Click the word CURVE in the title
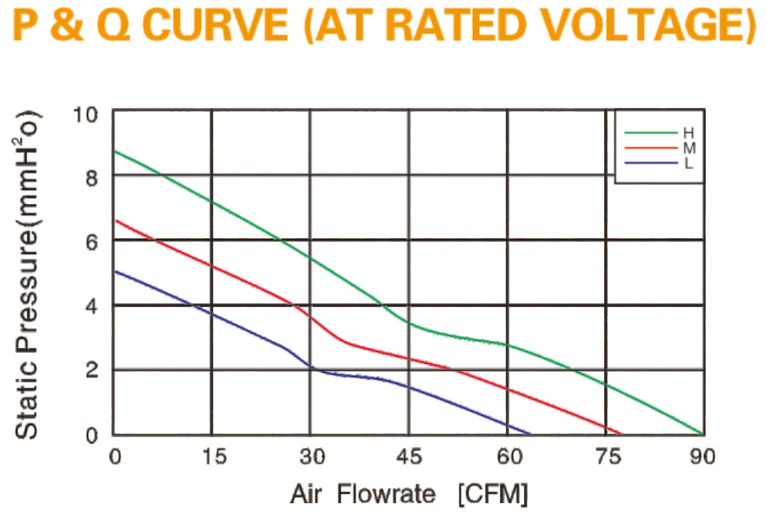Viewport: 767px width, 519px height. click(x=217, y=25)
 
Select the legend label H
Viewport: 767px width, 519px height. click(x=689, y=133)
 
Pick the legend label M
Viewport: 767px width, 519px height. click(x=689, y=148)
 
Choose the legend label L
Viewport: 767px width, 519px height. click(x=689, y=163)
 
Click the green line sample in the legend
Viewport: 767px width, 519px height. click(x=651, y=132)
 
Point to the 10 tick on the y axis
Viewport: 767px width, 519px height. click(x=85, y=116)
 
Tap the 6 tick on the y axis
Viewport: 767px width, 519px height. click(x=91, y=243)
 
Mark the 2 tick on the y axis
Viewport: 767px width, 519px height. click(x=91, y=370)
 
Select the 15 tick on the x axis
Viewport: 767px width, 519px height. click(x=214, y=457)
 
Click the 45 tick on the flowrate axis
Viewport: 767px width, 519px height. click(x=409, y=457)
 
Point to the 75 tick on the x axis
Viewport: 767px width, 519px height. click(x=609, y=457)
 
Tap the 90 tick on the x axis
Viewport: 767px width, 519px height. click(x=702, y=457)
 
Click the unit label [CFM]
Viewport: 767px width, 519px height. click(x=493, y=495)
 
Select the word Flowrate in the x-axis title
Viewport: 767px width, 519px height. click(x=386, y=494)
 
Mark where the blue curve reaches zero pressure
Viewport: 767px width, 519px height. click(x=530, y=434)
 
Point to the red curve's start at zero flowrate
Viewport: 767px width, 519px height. click(x=115, y=221)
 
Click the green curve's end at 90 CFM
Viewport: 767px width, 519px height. click(x=703, y=434)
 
